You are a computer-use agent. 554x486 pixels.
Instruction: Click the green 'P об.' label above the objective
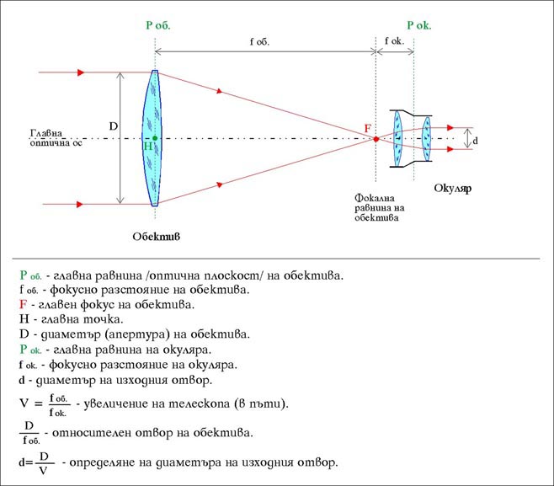(158, 25)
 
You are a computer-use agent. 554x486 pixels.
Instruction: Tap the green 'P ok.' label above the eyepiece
(419, 25)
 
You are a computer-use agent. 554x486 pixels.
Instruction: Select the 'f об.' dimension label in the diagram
(259, 42)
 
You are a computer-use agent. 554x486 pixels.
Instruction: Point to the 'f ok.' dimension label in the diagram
(394, 41)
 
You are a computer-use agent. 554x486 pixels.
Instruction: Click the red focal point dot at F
(376, 139)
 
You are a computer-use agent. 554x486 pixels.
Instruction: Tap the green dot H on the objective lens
(155, 138)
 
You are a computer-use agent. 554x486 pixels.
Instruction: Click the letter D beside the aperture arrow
(114, 126)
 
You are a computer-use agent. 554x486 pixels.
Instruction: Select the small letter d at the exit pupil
(475, 141)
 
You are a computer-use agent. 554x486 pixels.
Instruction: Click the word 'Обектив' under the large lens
(156, 236)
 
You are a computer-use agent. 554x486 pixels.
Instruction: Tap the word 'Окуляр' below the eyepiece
(453, 188)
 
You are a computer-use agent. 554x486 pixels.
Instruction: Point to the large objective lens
(152, 138)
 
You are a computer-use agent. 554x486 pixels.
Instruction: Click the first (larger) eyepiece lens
(398, 138)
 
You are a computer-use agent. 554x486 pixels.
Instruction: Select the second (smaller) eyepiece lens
(427, 138)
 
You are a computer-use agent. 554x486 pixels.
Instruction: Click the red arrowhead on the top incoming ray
(81, 72)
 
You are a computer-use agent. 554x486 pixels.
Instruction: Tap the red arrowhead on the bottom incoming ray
(80, 205)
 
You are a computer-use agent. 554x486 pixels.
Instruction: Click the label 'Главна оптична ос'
(56, 138)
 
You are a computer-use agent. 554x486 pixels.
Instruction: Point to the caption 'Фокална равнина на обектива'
(380, 207)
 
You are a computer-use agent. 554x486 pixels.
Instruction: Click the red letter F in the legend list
(23, 304)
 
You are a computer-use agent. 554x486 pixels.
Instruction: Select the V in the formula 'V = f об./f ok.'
(24, 403)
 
